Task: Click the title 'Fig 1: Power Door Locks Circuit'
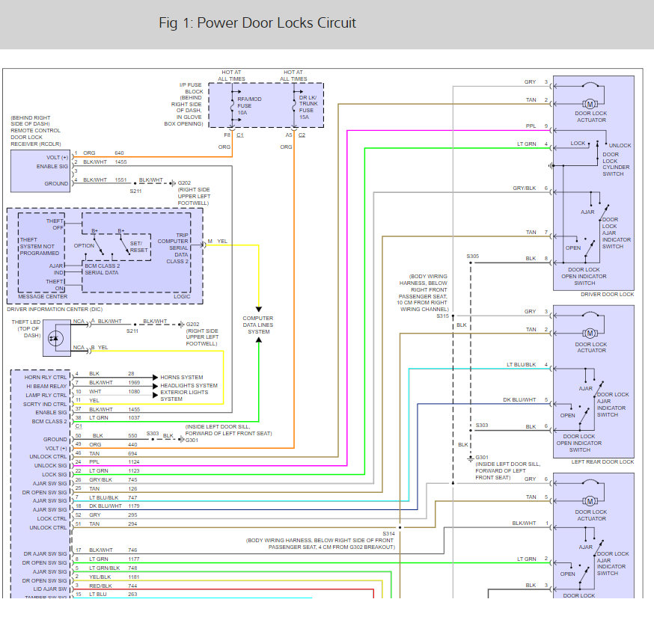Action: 257,23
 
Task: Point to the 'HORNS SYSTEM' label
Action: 182,377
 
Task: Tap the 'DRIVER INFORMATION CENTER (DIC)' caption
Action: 54,308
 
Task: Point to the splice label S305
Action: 472,257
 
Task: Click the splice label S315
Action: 443,316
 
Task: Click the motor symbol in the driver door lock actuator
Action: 590,102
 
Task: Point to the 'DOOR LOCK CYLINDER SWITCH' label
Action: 616,167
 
